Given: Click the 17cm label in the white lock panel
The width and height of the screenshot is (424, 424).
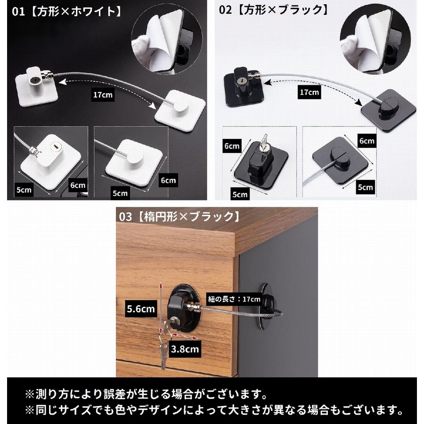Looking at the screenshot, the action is [x=103, y=95].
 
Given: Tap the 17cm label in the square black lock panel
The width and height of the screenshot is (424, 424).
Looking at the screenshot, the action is [x=310, y=92].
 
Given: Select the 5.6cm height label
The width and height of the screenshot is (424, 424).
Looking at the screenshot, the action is [x=141, y=309].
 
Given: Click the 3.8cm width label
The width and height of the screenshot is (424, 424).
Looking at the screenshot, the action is [x=185, y=349].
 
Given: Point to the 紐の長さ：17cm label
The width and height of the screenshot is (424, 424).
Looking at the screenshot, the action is [x=234, y=299].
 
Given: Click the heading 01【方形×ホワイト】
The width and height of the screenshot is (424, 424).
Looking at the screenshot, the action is [x=67, y=12].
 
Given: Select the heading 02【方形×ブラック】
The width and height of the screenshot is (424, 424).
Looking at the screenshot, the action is [x=274, y=10].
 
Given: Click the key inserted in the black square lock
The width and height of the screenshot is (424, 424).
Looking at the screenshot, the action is [x=264, y=143].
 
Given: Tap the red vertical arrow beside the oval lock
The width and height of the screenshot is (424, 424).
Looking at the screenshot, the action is [x=161, y=308].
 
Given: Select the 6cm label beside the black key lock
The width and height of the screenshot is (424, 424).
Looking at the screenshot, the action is [x=232, y=146].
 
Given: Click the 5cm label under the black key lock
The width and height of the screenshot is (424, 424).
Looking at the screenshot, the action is [x=240, y=194].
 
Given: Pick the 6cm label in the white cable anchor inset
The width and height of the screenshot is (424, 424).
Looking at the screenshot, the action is [x=168, y=180].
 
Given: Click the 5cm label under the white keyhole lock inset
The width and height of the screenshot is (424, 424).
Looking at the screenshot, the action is [x=24, y=190].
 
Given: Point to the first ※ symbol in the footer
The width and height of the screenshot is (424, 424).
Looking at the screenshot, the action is [x=30, y=394].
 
